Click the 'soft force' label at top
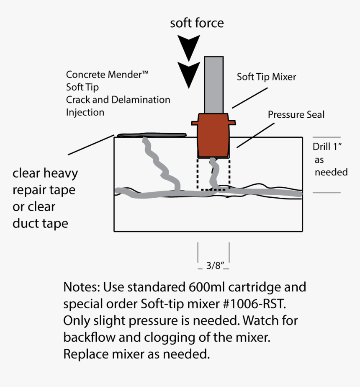pos(197,23)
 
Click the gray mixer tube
pos(215,84)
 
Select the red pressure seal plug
pos(213,136)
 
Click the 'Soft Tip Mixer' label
pos(266,77)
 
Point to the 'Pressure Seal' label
pos(296,114)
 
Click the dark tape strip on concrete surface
pos(151,135)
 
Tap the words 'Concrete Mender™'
pos(107,75)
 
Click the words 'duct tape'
pos(40,223)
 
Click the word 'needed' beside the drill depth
pos(331,172)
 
